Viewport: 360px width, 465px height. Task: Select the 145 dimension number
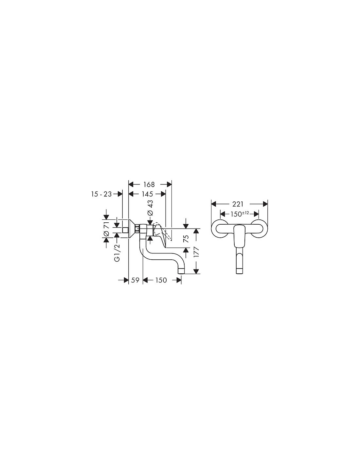tap(147, 194)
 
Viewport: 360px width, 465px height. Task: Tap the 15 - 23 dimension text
tap(101, 194)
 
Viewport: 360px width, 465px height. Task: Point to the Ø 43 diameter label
tap(151, 208)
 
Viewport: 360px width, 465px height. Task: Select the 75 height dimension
tap(187, 238)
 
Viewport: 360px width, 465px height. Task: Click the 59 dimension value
tap(135, 280)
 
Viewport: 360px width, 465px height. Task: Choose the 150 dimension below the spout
tap(161, 280)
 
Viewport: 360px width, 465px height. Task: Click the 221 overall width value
tap(238, 204)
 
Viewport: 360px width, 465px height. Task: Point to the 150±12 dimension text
tap(240, 214)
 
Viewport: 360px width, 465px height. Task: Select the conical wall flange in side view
tap(131, 229)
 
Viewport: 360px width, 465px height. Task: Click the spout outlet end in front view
tap(240, 271)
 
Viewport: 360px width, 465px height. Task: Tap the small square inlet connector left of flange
tap(125, 230)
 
